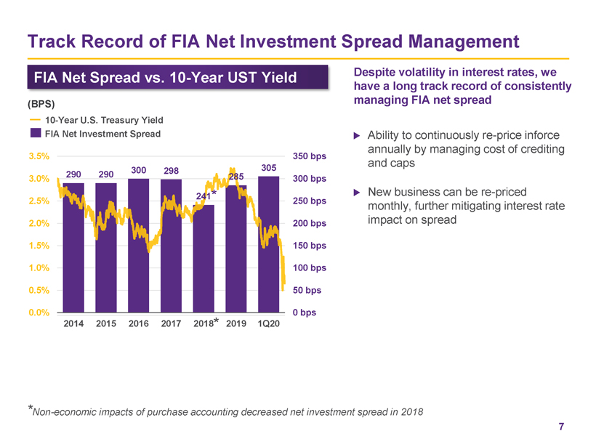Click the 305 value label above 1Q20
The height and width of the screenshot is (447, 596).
(x=268, y=167)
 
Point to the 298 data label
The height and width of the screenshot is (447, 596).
(x=172, y=170)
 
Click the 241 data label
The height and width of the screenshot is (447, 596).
(x=204, y=196)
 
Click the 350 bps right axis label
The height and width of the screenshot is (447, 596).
(x=310, y=156)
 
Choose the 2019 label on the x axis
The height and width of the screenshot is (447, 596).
(x=236, y=324)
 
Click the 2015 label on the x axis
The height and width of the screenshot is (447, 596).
(x=106, y=324)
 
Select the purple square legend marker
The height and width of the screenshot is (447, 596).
(x=35, y=134)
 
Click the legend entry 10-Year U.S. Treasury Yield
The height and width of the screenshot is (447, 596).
(x=104, y=120)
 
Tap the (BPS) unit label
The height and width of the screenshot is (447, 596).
(x=41, y=103)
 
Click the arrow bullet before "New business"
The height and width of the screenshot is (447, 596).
(x=356, y=193)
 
